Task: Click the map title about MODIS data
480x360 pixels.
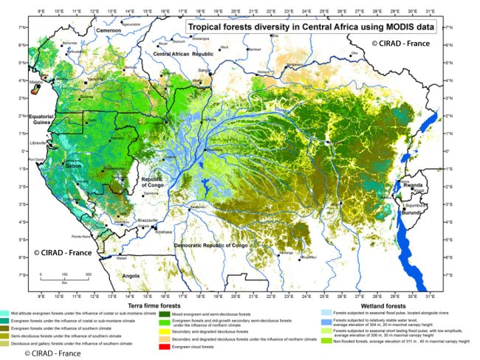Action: pyautogui.click(x=309, y=29)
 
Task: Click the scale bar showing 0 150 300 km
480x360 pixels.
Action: pyautogui.click(x=64, y=277)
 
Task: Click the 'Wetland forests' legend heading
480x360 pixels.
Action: pyautogui.click(x=382, y=305)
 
